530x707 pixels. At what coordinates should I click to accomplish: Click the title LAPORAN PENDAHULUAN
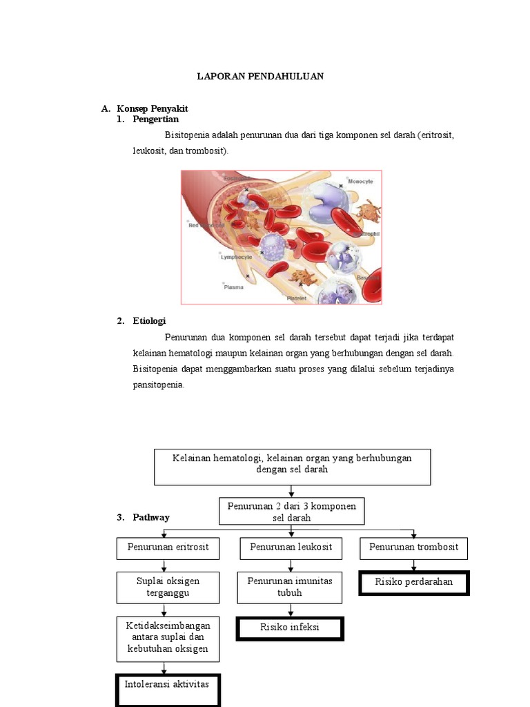point(260,77)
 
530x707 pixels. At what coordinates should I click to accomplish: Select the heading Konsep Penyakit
point(153,109)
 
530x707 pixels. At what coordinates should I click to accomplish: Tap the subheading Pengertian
point(155,119)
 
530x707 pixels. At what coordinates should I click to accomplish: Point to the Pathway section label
point(151,517)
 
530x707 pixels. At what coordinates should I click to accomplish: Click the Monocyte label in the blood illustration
point(360,182)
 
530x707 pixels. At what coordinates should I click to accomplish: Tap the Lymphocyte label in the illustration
point(236,256)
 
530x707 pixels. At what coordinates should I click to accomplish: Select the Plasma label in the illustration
point(233,287)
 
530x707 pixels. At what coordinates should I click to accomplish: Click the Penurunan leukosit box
point(291,548)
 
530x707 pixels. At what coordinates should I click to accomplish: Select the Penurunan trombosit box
point(413,548)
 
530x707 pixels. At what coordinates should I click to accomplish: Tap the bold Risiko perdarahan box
point(413,583)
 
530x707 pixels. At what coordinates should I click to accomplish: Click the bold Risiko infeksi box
point(290,629)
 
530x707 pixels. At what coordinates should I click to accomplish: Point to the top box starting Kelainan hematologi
point(292,466)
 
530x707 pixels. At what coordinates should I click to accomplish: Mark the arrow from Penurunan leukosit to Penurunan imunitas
point(291,565)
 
